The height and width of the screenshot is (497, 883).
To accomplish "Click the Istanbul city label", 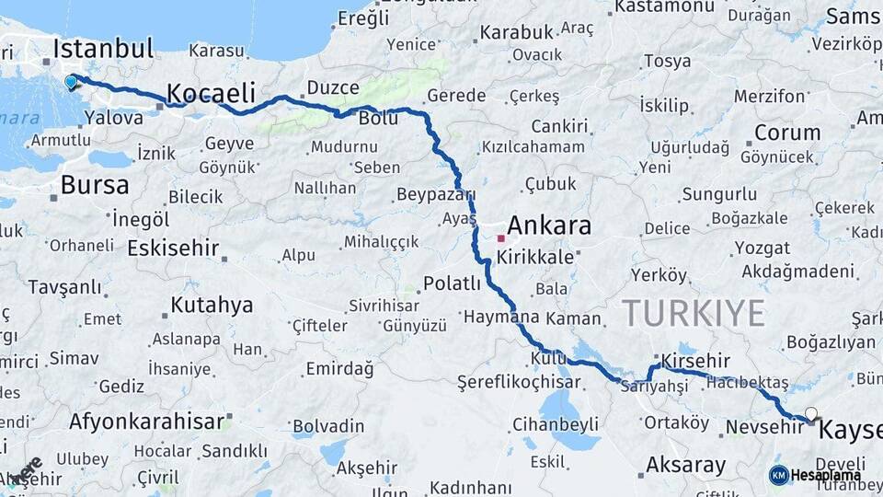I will [x=103, y=49].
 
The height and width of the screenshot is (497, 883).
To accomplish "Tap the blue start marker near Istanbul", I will [x=72, y=82].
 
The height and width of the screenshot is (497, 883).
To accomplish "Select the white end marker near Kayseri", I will [x=810, y=413].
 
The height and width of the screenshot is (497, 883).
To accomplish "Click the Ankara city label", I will [x=549, y=225].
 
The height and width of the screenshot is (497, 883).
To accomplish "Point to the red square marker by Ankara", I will [x=501, y=237].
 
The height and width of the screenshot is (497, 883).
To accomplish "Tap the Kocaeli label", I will [x=211, y=93].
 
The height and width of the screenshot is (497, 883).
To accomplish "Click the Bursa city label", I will [x=95, y=184].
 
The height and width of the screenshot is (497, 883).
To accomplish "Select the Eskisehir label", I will [x=173, y=248].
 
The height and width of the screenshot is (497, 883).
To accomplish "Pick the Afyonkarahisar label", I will [x=147, y=422].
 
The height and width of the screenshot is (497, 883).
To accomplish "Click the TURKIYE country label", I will [x=694, y=314].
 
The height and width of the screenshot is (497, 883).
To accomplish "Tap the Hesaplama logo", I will [x=815, y=475].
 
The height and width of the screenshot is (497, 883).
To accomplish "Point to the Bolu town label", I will [x=377, y=118].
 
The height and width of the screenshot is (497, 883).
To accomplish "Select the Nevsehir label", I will [x=759, y=427].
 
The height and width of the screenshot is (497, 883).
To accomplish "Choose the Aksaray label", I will [x=685, y=465].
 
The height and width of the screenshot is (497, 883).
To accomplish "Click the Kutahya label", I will [x=212, y=305].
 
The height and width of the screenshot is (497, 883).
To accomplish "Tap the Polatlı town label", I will [x=452, y=283].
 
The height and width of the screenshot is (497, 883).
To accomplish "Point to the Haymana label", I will [x=500, y=318].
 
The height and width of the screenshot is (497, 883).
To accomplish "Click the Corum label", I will [x=787, y=133].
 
